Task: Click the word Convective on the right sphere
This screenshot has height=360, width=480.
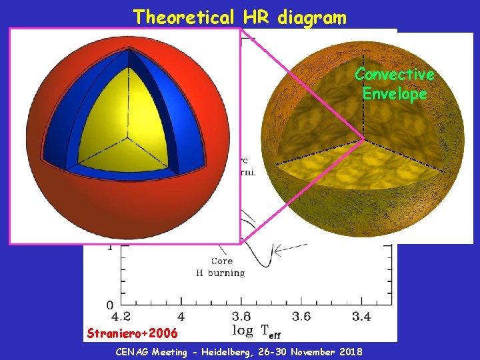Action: pyautogui.click(x=394, y=74)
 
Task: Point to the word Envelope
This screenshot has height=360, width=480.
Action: pyautogui.click(x=394, y=94)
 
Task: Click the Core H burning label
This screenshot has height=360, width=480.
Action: pyautogui.click(x=220, y=267)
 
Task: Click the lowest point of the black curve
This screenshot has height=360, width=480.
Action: pyautogui.click(x=265, y=265)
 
